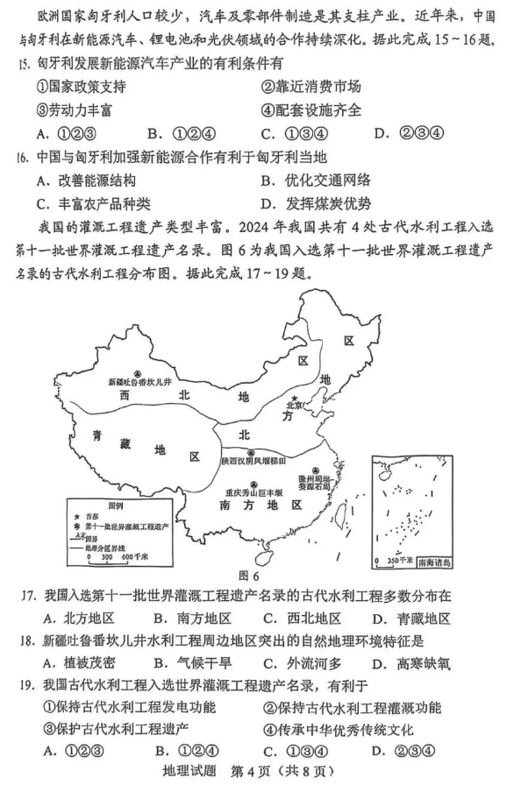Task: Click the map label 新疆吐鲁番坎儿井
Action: point(140,382)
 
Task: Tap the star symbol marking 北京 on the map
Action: point(293,396)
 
